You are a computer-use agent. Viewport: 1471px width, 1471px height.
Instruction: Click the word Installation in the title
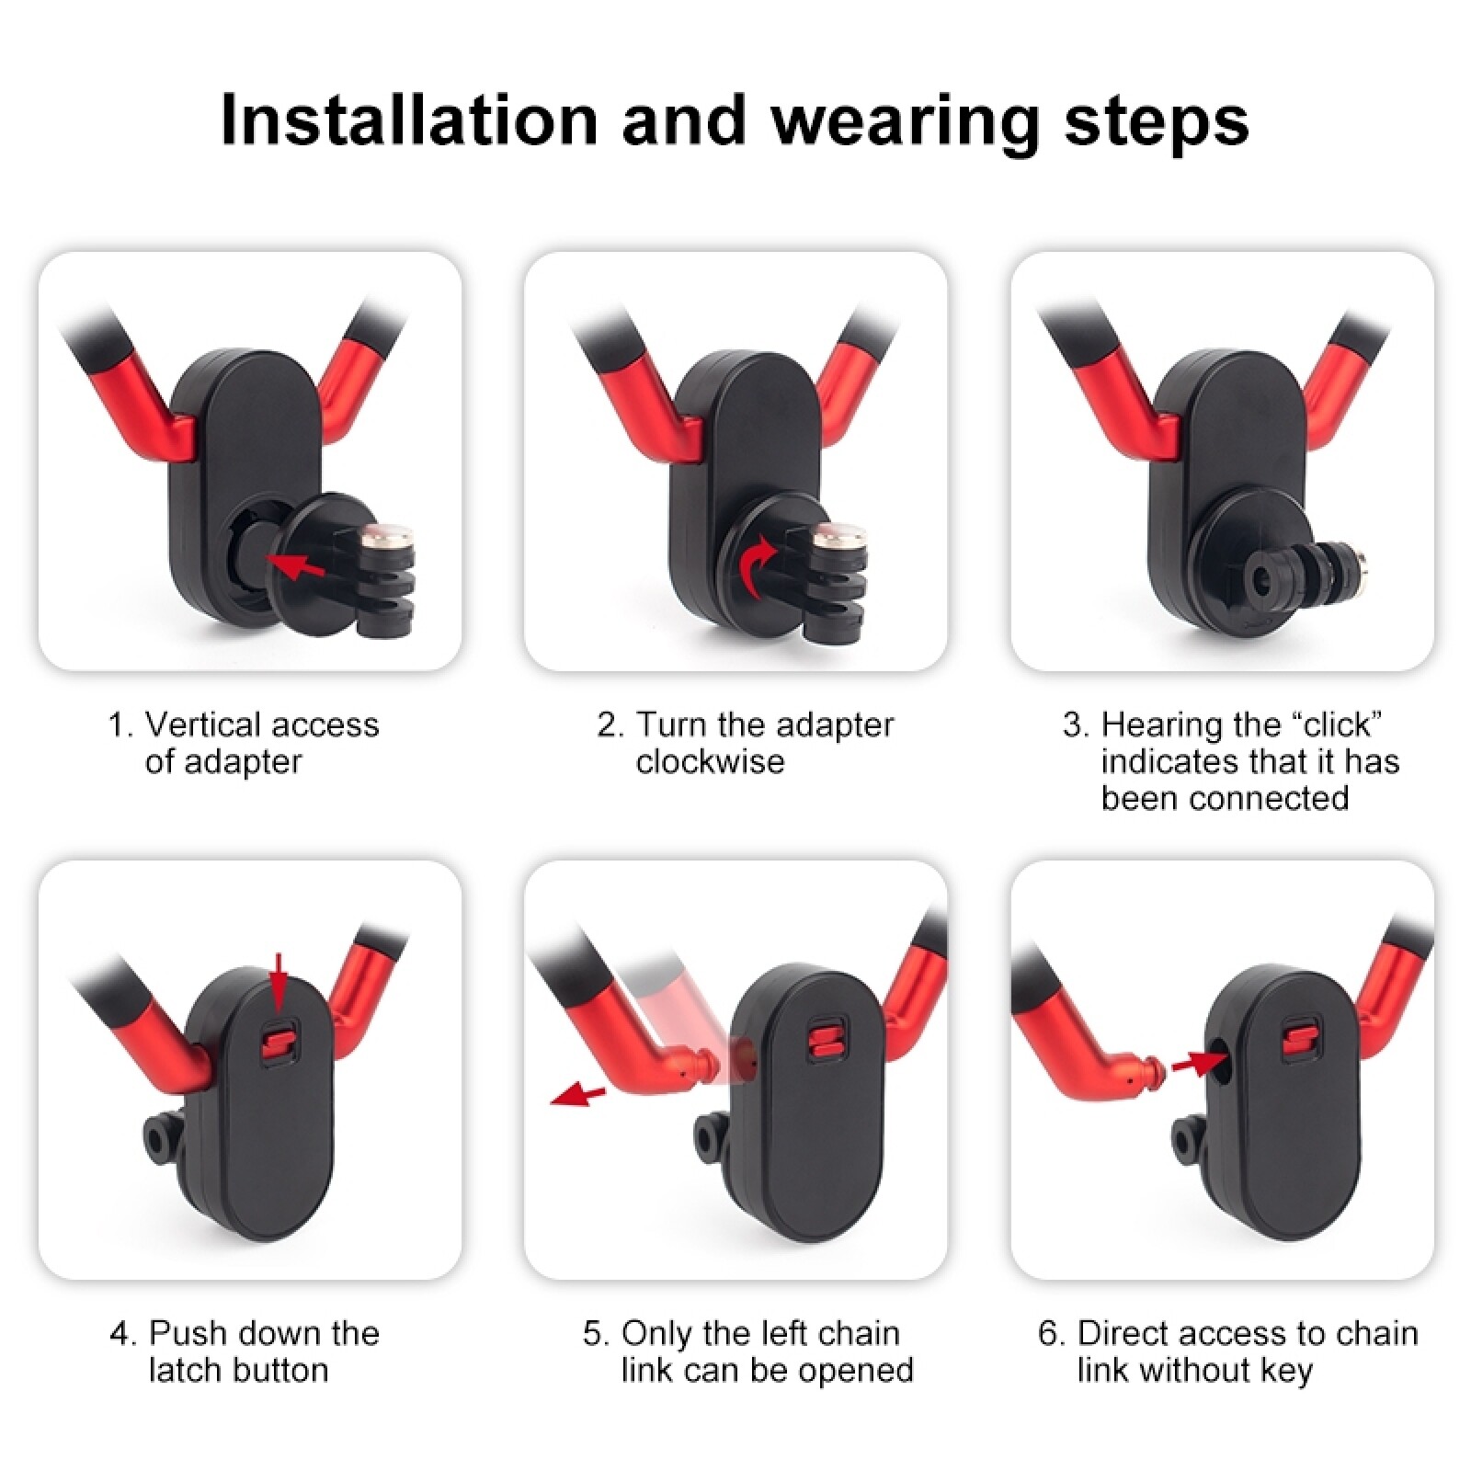click(409, 120)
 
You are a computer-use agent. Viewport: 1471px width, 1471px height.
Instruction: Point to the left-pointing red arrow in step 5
click(578, 1095)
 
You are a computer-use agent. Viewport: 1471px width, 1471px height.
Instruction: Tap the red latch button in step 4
click(277, 1040)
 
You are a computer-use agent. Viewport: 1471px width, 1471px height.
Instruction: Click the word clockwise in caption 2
click(710, 762)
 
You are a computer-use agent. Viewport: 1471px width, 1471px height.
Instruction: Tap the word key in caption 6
click(1287, 1371)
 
